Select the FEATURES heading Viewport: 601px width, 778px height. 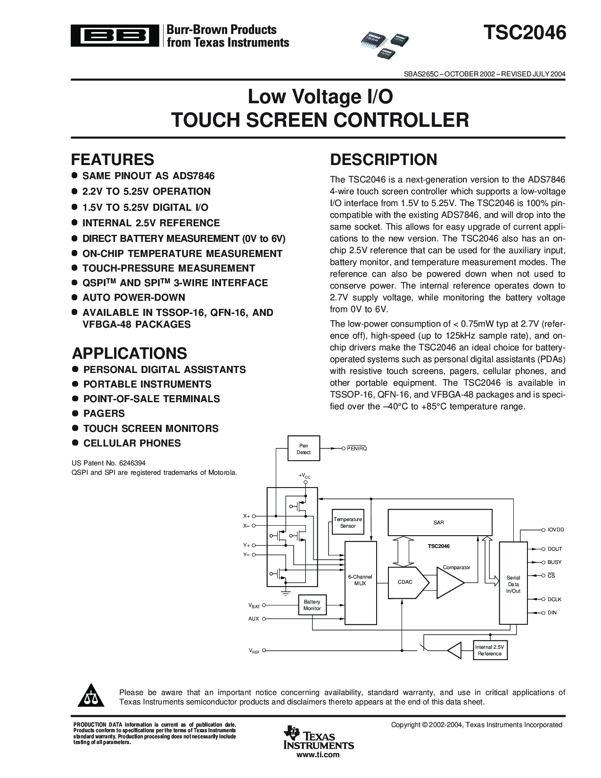[113, 159]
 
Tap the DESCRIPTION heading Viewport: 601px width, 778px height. [383, 159]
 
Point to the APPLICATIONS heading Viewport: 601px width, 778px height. [129, 353]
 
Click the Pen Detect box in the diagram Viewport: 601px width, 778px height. [304, 449]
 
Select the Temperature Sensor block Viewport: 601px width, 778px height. [348, 522]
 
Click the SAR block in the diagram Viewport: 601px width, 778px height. [438, 522]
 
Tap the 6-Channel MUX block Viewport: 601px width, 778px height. [360, 580]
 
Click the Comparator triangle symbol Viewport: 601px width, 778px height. [449, 582]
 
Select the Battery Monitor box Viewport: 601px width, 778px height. [312, 605]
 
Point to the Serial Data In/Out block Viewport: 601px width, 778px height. [513, 584]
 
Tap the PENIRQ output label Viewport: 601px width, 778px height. [357, 448]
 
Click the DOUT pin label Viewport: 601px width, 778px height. [555, 549]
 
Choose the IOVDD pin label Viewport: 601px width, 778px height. [556, 530]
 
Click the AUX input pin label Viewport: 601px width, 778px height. [254, 619]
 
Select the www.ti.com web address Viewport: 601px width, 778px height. [318, 755]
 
